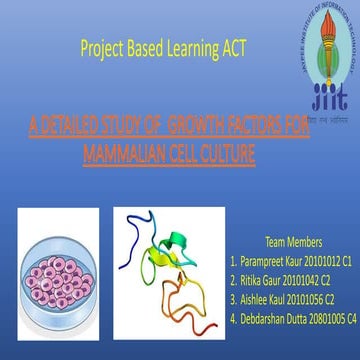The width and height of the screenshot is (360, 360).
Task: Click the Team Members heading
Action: pos(293,241)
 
